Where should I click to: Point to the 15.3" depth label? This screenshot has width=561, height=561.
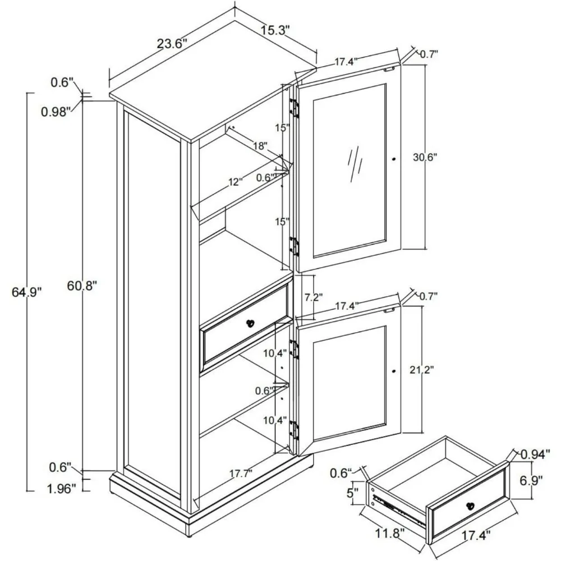tap(274, 30)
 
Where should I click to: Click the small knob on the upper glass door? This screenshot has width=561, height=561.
tap(394, 160)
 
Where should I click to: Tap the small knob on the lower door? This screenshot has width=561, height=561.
tap(394, 371)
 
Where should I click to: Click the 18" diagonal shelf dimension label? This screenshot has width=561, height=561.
tap(259, 145)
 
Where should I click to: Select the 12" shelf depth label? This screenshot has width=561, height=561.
tap(235, 182)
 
